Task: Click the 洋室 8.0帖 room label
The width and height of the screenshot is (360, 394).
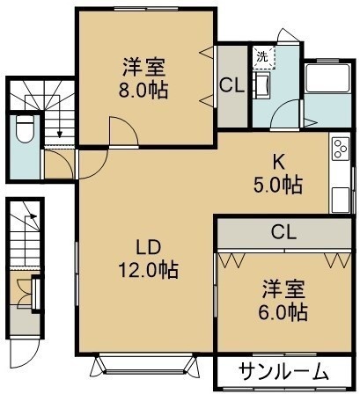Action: click(x=143, y=78)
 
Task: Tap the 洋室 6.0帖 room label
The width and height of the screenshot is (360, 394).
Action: click(x=283, y=301)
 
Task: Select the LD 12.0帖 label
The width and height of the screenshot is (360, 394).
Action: click(x=149, y=258)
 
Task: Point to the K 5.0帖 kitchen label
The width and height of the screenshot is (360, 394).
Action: click(x=278, y=173)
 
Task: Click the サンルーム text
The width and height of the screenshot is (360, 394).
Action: click(x=283, y=372)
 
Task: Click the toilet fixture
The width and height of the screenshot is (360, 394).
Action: click(x=25, y=128)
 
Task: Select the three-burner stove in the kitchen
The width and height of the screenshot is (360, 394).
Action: click(x=341, y=149)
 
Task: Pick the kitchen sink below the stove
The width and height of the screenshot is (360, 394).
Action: click(x=341, y=201)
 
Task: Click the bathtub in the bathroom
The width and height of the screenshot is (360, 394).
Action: click(x=327, y=78)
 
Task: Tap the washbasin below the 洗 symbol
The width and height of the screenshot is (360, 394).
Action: click(x=261, y=85)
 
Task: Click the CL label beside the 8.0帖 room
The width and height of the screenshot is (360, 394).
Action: click(x=232, y=86)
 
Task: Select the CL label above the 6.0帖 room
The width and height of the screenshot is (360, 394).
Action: click(x=283, y=232)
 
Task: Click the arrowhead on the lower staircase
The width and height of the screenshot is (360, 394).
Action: click(x=33, y=216)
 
